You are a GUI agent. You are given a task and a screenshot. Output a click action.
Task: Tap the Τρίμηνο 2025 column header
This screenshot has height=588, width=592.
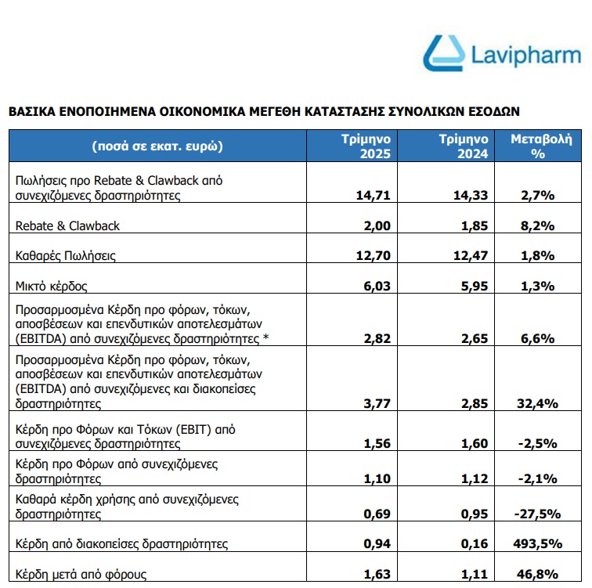pos(370,146)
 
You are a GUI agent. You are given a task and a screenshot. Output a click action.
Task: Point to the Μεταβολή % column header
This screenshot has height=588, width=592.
pos(537,146)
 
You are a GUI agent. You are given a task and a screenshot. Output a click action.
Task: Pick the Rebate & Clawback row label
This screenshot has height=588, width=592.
pos(68,225)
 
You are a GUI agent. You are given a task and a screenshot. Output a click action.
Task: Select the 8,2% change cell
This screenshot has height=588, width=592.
pos(537,225)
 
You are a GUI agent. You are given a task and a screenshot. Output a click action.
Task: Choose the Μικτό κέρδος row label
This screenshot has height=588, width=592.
pos(52,286)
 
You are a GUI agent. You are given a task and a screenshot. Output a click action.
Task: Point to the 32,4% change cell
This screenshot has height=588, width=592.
pos(537,404)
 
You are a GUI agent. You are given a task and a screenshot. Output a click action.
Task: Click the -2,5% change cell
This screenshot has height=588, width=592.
pos(537,443)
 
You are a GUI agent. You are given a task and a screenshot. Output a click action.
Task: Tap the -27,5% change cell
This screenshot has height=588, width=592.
pos(537,514)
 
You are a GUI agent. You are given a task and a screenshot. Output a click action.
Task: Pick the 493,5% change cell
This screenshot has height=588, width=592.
pos(537,543)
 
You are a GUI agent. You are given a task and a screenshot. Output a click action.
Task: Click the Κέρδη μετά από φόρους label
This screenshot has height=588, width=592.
pos(81,575)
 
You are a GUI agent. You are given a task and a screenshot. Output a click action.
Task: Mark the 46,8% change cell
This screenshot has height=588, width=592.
pos(537,575)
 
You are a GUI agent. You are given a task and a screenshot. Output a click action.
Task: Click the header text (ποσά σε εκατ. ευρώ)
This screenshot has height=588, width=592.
pos(157,146)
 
